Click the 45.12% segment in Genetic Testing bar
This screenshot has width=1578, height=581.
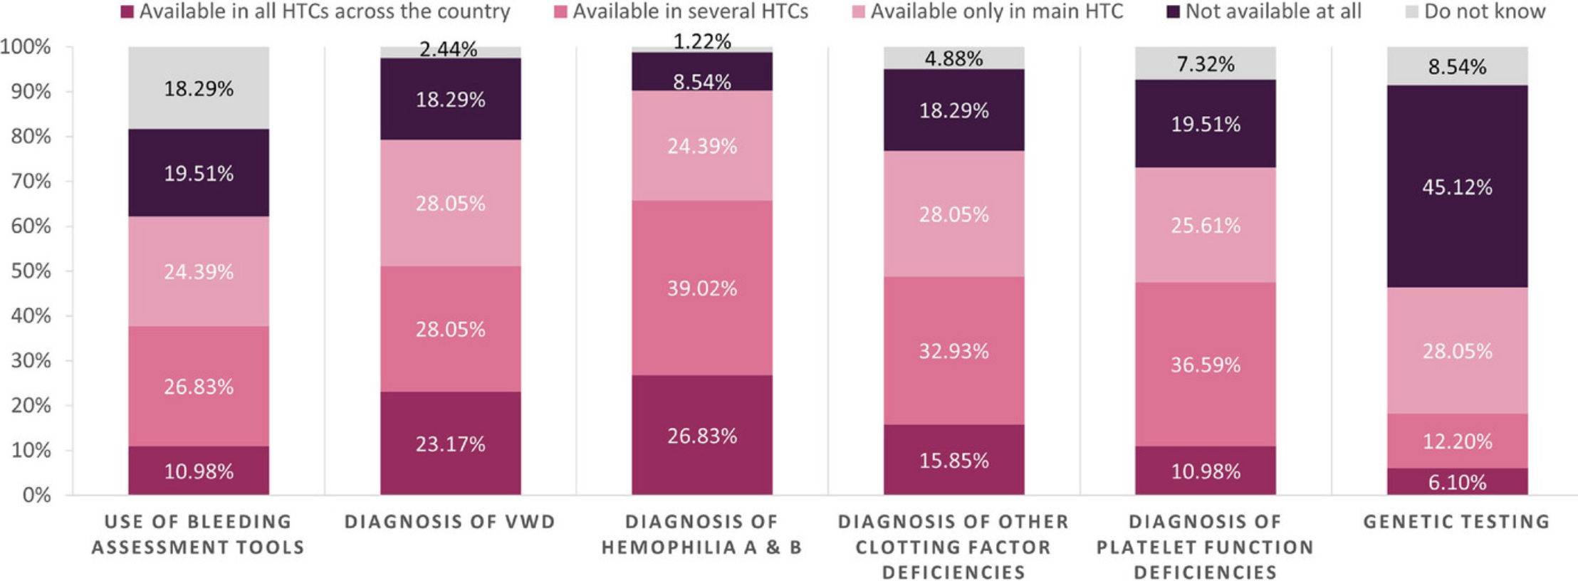click(1457, 187)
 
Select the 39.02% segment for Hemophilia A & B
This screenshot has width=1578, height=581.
click(701, 288)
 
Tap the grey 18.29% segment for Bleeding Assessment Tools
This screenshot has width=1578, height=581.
click(199, 88)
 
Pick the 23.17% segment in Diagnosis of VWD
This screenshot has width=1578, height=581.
click(450, 444)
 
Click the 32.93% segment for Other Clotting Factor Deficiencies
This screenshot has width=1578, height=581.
click(953, 350)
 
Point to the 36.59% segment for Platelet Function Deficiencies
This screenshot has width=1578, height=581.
click(1205, 365)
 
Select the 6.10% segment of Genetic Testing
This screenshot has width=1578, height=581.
click(1457, 482)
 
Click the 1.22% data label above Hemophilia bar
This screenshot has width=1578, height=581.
click(701, 41)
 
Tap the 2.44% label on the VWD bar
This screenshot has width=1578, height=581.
click(448, 49)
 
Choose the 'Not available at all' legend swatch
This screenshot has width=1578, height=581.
click(1173, 11)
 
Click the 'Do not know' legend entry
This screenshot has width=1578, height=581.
click(1484, 11)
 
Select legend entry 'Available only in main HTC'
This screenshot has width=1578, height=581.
click(996, 11)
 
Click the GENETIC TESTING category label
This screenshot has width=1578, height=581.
click(1457, 521)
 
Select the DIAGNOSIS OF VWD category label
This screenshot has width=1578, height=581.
click(450, 521)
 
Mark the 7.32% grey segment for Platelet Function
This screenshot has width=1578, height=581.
click(1205, 63)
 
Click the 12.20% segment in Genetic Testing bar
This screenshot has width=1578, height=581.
click(1457, 441)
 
